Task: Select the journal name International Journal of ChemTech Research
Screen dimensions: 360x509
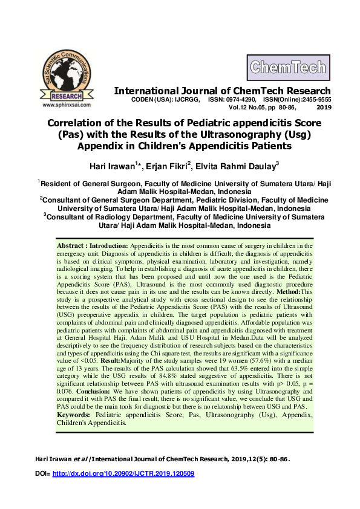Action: pos(223,91)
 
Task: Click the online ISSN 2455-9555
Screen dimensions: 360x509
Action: pos(316,99)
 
